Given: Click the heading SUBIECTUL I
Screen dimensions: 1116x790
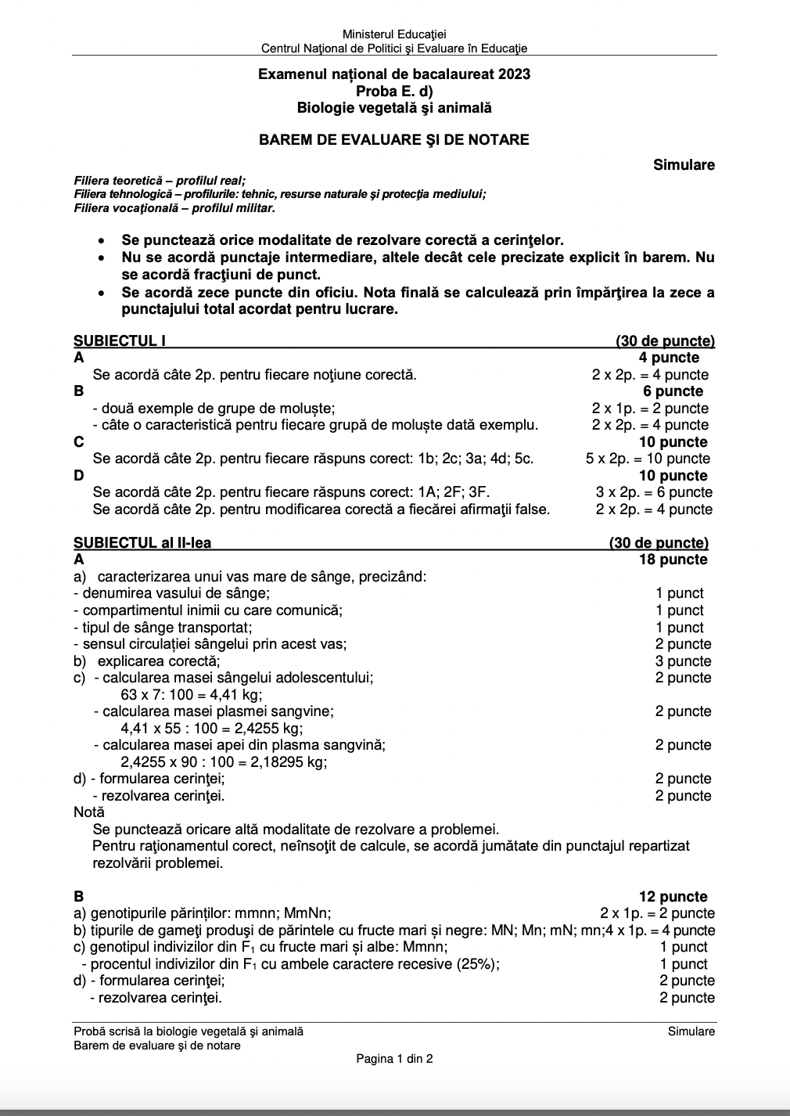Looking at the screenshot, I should [x=120, y=341].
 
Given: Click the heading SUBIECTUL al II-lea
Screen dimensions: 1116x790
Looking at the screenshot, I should [x=142, y=543].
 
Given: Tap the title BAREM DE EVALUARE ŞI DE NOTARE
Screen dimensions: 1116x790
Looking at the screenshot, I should [x=394, y=140].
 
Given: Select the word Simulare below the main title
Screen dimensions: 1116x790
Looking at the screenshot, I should [x=684, y=165].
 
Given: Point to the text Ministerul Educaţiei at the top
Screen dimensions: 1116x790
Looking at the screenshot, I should [x=394, y=34].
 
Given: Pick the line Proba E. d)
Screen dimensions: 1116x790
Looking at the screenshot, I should [x=394, y=92].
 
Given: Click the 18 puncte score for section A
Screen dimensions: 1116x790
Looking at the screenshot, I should [x=673, y=560].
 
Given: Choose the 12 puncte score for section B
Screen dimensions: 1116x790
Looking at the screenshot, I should [x=673, y=897].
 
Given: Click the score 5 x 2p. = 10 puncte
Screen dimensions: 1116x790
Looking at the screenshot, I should [x=648, y=459].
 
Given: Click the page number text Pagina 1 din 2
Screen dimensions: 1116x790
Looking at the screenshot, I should [x=394, y=1059].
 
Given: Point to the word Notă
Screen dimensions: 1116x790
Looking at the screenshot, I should [x=89, y=812].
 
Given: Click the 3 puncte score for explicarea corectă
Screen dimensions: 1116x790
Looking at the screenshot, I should [x=683, y=661].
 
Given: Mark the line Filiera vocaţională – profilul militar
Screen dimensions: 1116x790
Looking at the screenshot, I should [x=174, y=208].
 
